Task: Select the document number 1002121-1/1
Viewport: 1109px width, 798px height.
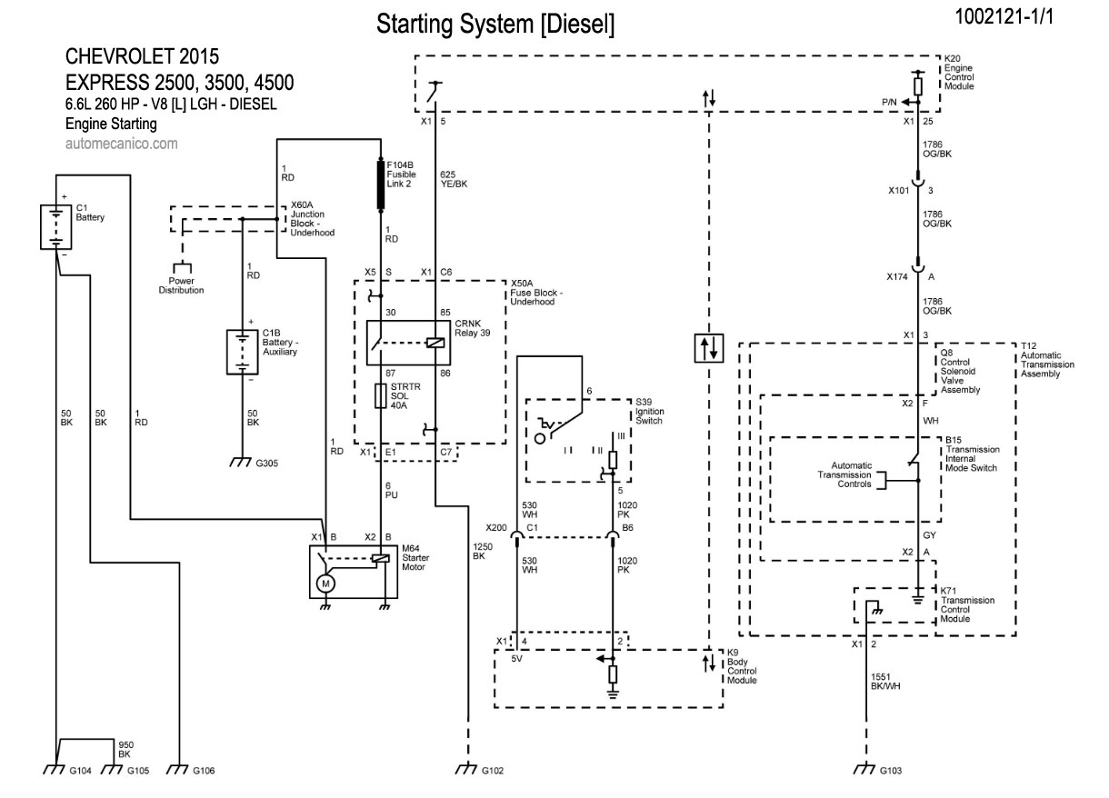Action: point(1004,17)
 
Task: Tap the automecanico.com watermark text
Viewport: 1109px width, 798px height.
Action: point(122,143)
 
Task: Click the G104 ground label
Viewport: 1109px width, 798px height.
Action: point(81,770)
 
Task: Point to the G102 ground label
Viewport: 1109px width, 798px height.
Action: point(492,770)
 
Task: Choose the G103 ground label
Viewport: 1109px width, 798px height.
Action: point(891,770)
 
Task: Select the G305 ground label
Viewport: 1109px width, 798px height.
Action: point(266,463)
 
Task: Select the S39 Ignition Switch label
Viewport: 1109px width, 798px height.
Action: point(650,411)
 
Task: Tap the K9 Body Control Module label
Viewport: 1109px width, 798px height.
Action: point(742,666)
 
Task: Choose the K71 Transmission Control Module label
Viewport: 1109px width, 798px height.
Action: point(967,609)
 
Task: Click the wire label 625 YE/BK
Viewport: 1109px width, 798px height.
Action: point(454,178)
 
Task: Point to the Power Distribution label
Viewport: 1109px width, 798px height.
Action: point(180,286)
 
